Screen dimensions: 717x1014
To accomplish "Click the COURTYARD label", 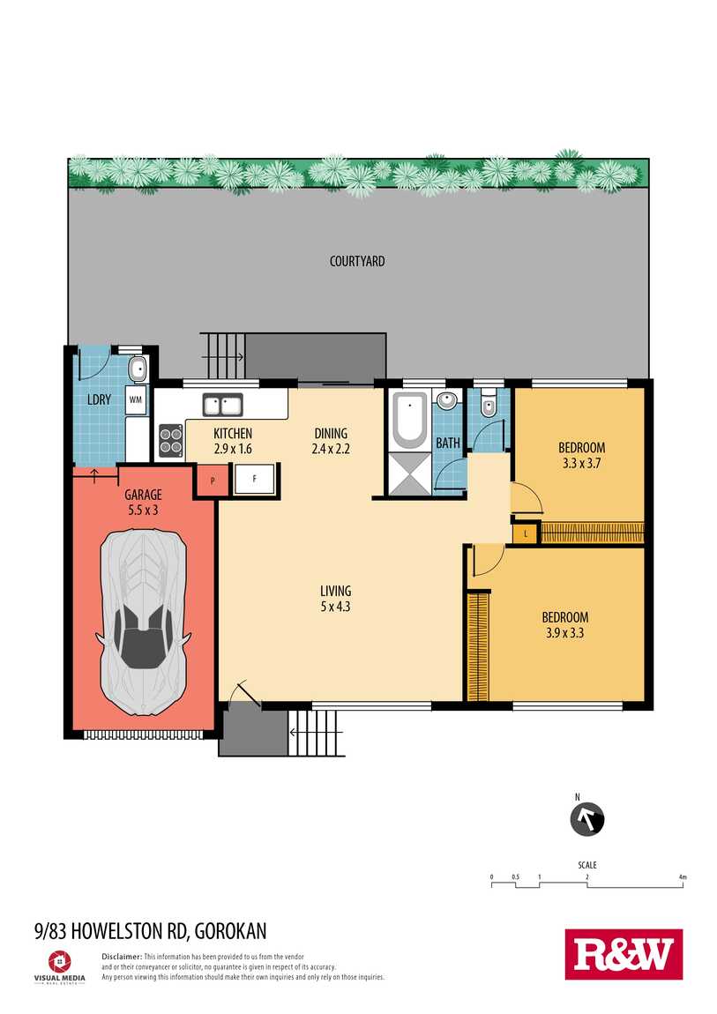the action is point(357,261).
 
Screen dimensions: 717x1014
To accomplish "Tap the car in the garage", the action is point(143,623).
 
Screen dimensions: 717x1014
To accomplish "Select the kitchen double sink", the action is point(222,406).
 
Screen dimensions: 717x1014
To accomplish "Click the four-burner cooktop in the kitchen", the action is point(171,440).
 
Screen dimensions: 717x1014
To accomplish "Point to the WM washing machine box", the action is point(135,399).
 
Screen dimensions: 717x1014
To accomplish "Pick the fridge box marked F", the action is point(254,479).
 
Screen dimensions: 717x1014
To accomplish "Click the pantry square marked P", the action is point(212,481).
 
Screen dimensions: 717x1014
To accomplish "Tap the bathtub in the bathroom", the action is point(410,421).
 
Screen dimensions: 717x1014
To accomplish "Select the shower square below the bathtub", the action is point(409,473).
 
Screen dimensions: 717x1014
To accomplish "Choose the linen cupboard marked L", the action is point(526,533).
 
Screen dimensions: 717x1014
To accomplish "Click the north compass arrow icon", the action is point(587,820).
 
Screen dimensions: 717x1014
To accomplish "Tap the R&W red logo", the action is point(624,954).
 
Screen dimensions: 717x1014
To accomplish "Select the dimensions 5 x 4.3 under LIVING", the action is point(335,607).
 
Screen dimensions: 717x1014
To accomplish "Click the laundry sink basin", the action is point(138,370).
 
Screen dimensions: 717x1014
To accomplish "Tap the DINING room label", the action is point(331,433).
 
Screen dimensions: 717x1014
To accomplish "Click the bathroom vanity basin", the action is point(446,401).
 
